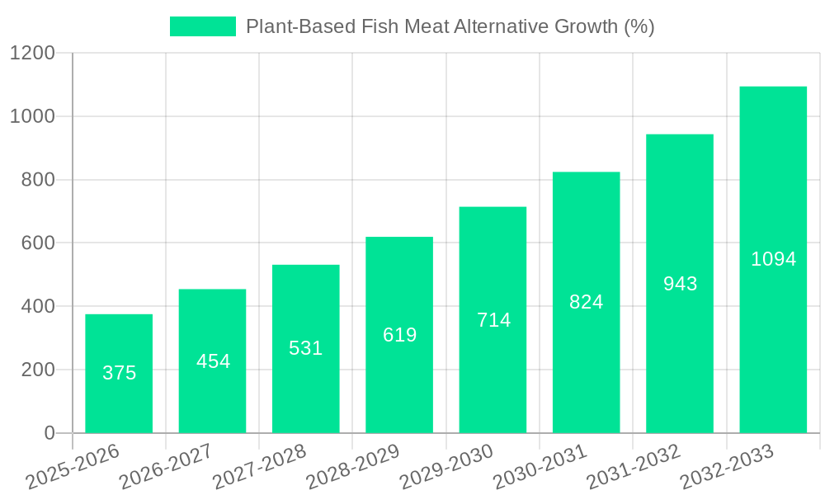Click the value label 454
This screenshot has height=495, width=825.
[213, 361]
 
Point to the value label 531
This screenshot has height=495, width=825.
[306, 348]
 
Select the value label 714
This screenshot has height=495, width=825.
[493, 320]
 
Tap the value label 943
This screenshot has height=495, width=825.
[681, 284]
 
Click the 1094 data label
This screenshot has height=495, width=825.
[774, 259]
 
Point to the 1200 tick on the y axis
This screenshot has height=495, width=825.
[32, 54]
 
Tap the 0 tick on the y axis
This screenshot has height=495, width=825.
[49, 433]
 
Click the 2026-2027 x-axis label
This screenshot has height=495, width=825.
[166, 467]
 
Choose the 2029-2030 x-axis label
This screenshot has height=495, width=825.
[446, 467]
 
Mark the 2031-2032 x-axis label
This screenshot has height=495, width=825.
[634, 467]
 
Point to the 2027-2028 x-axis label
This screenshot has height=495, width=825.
[259, 467]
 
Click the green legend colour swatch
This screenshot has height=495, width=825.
[202, 26]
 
